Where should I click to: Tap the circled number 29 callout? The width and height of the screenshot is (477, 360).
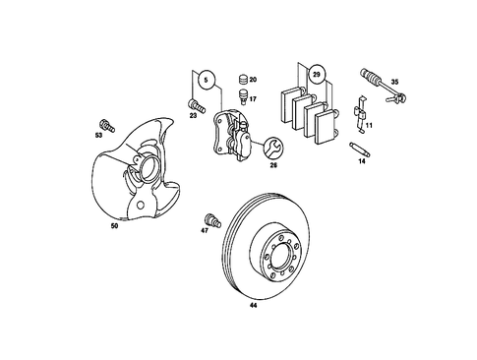316,75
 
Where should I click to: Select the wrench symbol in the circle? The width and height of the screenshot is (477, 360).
273,149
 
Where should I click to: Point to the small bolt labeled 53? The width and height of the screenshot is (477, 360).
107,126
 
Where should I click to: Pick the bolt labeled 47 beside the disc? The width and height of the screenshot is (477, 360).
209,218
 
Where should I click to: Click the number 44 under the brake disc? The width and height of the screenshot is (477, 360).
253,307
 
